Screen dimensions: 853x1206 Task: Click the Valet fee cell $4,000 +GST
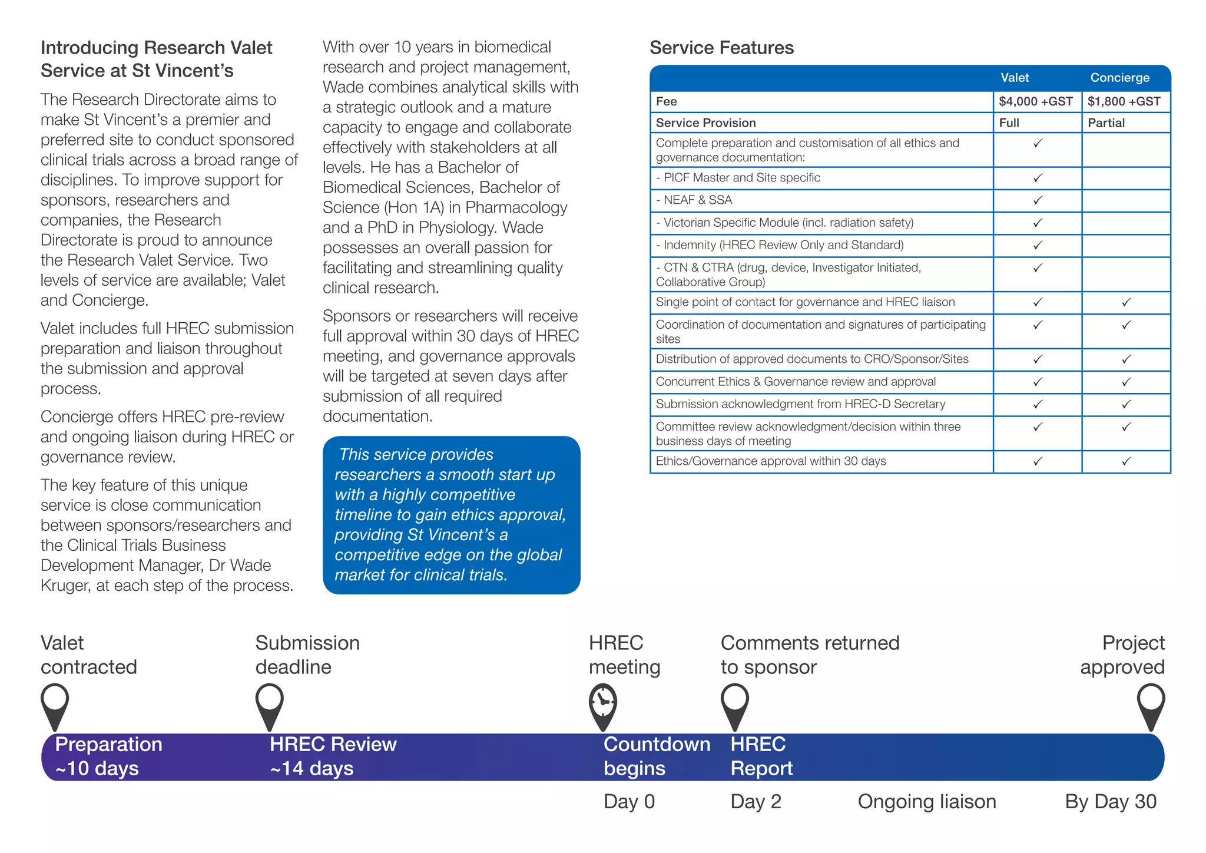(1036, 101)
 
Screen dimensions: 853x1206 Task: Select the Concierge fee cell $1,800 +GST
(1124, 101)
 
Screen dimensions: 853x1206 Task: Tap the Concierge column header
(1119, 78)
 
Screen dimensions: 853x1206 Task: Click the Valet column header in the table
(1015, 78)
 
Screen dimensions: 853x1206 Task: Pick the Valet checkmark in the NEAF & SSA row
(1038, 200)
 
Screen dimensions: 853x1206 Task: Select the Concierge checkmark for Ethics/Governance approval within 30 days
(1126, 461)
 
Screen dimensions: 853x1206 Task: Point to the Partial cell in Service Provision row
(1106, 123)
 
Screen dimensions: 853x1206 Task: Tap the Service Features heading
(721, 48)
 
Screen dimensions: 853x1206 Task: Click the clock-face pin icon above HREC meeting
(603, 704)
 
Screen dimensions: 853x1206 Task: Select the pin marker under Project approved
(1151, 704)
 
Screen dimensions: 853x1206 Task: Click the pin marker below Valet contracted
(55, 704)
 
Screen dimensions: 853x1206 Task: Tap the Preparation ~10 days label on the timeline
(108, 756)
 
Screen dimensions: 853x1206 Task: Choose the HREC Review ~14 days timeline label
(333, 756)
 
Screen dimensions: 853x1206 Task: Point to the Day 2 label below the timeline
(756, 802)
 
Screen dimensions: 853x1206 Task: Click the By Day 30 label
(1111, 802)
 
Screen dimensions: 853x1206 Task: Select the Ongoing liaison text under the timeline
(927, 802)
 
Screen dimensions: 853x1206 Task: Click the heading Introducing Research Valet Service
(157, 59)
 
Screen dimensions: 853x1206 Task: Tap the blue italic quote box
(451, 515)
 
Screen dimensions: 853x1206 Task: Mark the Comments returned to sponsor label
(810, 654)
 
